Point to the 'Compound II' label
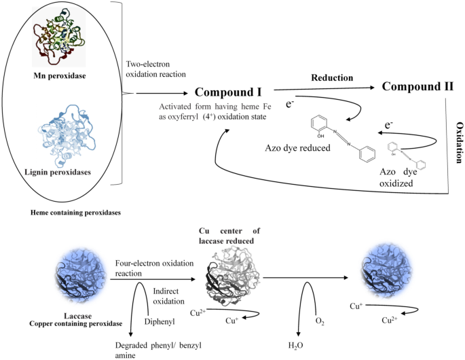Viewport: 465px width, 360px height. (418, 87)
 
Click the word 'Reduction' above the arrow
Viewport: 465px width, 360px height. (333, 77)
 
